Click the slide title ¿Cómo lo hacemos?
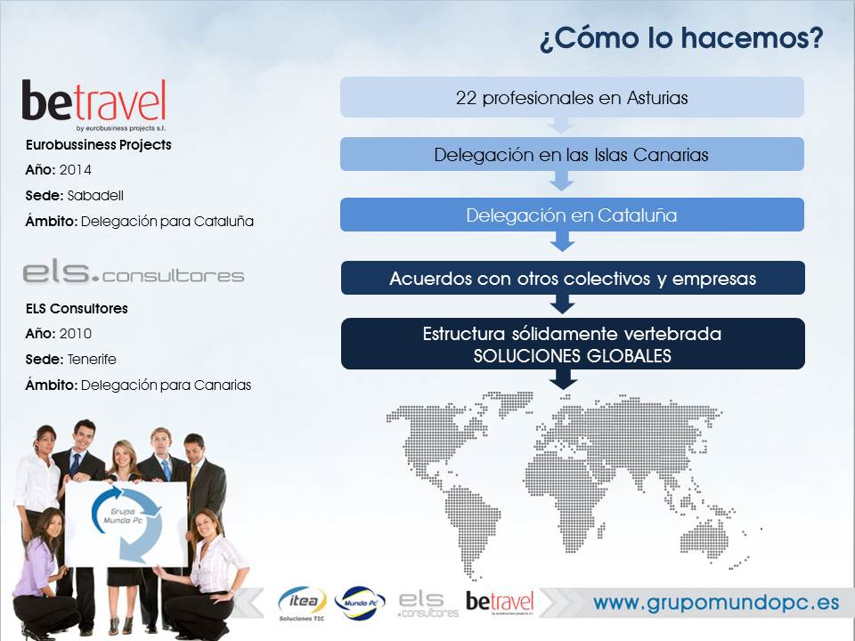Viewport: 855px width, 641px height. pyautogui.click(x=681, y=37)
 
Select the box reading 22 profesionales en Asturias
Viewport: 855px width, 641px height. pyautogui.click(x=572, y=97)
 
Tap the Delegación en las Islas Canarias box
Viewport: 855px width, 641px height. pyautogui.click(x=572, y=154)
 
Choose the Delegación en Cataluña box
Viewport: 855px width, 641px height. pyautogui.click(x=572, y=215)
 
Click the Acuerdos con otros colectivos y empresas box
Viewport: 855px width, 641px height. pyautogui.click(x=573, y=278)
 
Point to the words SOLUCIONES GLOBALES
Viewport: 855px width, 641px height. pyautogui.click(x=573, y=356)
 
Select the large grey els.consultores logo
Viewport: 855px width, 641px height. pyautogui.click(x=133, y=272)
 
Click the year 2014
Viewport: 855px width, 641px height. pyautogui.click(x=75, y=169)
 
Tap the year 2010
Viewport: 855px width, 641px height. pyautogui.click(x=75, y=333)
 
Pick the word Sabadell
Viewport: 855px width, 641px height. pyautogui.click(x=95, y=195)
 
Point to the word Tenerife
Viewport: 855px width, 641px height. pyautogui.click(x=92, y=359)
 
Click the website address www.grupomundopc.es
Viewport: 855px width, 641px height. pyautogui.click(x=716, y=603)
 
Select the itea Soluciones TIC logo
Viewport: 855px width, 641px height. pyautogui.click(x=302, y=604)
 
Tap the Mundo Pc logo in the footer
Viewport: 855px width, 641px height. pyautogui.click(x=360, y=603)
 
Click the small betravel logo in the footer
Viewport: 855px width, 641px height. pyautogui.click(x=500, y=603)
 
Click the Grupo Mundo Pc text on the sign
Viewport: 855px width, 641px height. pyautogui.click(x=123, y=515)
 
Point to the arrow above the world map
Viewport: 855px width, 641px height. pyautogui.click(x=563, y=379)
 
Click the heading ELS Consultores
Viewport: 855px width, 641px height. pyautogui.click(x=77, y=309)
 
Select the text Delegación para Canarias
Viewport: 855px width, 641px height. pyautogui.click(x=166, y=385)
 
